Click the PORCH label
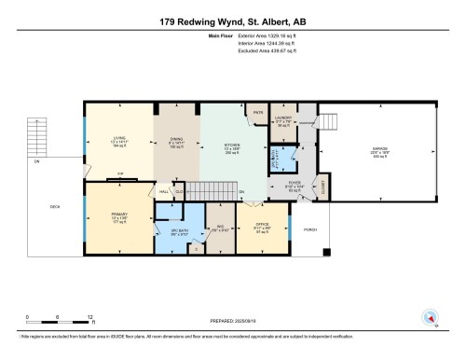[x=310, y=229]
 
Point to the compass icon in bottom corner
[x=431, y=317]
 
